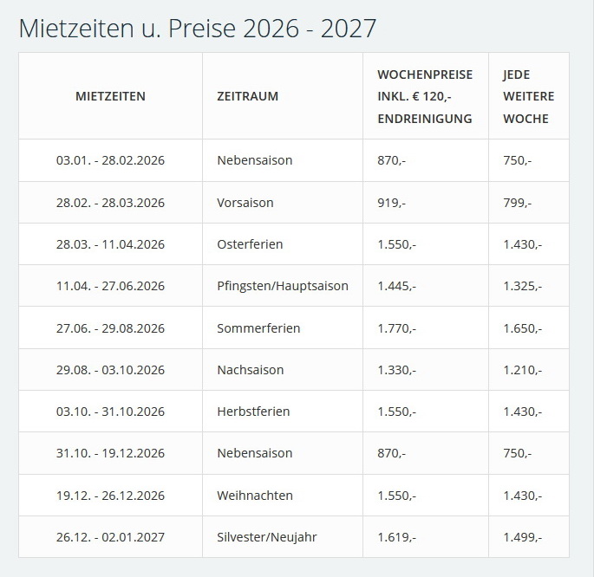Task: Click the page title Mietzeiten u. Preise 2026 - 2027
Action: click(x=198, y=28)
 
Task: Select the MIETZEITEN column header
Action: click(x=110, y=96)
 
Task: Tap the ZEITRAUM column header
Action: click(x=247, y=96)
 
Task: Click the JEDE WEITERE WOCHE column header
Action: click(x=528, y=96)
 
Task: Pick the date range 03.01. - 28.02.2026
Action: click(x=110, y=160)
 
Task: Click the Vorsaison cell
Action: click(x=245, y=203)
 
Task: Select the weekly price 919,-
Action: click(x=391, y=203)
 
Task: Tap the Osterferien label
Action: click(x=250, y=244)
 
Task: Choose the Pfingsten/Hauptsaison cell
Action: click(x=282, y=286)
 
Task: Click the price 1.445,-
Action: click(x=396, y=286)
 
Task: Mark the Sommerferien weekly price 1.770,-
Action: click(x=396, y=328)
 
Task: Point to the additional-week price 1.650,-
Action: click(x=522, y=328)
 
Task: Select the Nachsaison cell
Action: click(x=250, y=370)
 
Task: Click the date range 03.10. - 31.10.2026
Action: click(x=110, y=412)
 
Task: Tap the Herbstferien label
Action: click(x=253, y=412)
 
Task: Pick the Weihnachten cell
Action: click(x=254, y=496)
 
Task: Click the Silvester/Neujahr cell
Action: click(x=266, y=537)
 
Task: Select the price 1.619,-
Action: click(x=396, y=537)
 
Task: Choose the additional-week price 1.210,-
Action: click(x=522, y=370)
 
